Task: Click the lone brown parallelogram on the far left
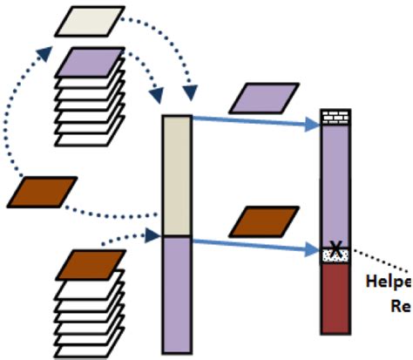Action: (41, 192)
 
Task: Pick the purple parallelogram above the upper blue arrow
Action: (263, 98)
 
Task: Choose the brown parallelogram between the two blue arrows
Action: (263, 221)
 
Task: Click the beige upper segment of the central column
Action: (177, 174)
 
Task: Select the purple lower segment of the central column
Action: (177, 292)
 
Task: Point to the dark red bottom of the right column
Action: (334, 296)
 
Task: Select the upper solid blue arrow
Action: (253, 124)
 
